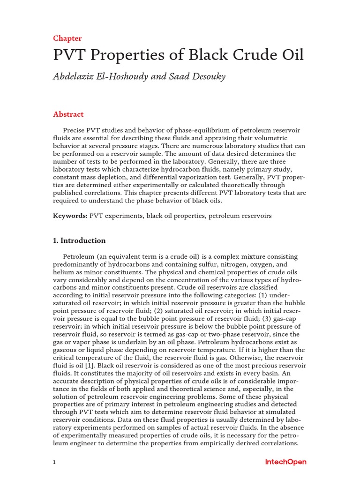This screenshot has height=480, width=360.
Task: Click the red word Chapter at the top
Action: point(67,38)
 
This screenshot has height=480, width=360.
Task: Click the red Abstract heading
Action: point(68,114)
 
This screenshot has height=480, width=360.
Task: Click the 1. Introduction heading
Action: point(79,240)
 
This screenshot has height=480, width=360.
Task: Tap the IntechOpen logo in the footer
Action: point(285,462)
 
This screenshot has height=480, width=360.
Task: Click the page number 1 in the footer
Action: point(54,462)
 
